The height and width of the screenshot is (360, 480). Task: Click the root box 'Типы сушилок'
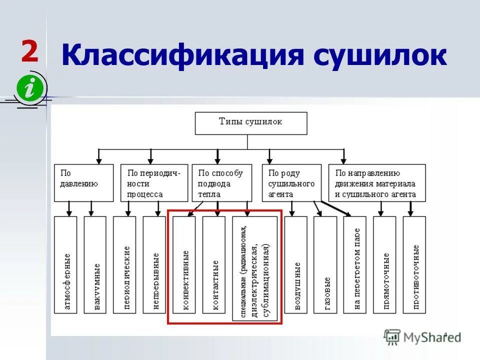[x=250, y=123]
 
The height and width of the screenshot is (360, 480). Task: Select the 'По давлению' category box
[x=83, y=183]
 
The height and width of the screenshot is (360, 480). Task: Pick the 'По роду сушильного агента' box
[x=292, y=183]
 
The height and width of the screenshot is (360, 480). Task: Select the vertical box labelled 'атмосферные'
[x=65, y=265]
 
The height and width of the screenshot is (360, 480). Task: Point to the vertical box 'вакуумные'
[x=95, y=265]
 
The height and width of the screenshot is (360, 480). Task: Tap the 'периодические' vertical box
[x=124, y=265]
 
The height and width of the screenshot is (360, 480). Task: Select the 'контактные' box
[x=213, y=265]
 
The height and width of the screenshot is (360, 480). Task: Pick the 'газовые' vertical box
[x=325, y=265]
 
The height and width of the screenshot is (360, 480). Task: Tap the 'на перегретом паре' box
[x=354, y=265]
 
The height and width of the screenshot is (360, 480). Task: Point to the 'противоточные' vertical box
[x=414, y=265]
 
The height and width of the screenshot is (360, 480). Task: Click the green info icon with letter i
[x=31, y=89]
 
